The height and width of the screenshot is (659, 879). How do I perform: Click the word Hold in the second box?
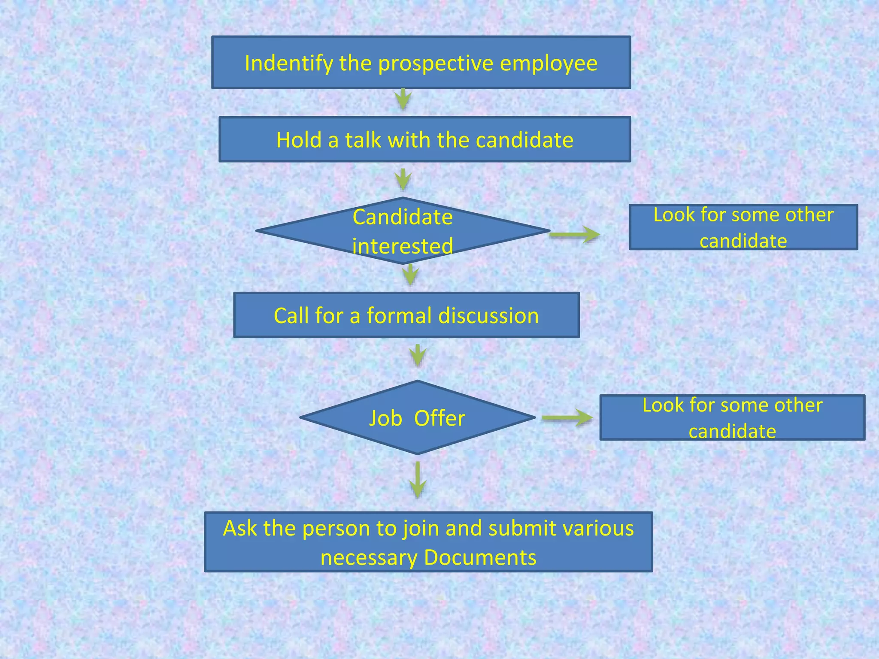(299, 140)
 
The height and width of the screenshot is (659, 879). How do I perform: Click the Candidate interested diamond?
(403, 231)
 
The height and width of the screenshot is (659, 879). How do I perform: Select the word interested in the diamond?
(403, 246)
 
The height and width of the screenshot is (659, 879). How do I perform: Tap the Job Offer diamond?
(417, 417)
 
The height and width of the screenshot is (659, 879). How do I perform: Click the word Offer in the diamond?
(439, 418)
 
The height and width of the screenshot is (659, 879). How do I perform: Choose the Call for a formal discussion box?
(406, 315)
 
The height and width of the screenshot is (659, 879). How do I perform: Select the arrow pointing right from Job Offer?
(567, 418)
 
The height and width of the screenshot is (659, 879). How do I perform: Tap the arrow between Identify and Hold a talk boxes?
(403, 99)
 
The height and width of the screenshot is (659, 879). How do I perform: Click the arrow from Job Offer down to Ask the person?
(418, 479)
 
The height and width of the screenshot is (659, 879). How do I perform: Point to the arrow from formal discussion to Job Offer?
(418, 355)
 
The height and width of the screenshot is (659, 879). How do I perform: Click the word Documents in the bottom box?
(480, 557)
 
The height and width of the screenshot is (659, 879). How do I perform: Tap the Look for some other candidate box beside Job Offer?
(732, 417)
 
